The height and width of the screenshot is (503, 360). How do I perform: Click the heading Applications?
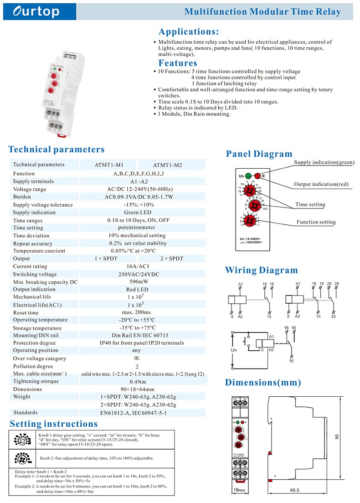tap(188, 32)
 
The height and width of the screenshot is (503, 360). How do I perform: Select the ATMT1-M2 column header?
tap(167, 165)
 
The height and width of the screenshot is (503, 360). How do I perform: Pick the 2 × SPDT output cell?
tap(171, 259)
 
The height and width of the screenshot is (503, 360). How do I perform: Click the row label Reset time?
tap(26, 313)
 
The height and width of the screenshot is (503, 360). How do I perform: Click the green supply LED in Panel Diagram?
tap(248, 176)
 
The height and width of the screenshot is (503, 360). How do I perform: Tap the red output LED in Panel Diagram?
tap(258, 176)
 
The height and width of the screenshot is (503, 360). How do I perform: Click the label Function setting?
tap(316, 222)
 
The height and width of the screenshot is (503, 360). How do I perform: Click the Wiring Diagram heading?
tap(261, 270)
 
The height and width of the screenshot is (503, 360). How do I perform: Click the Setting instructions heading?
tap(54, 424)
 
